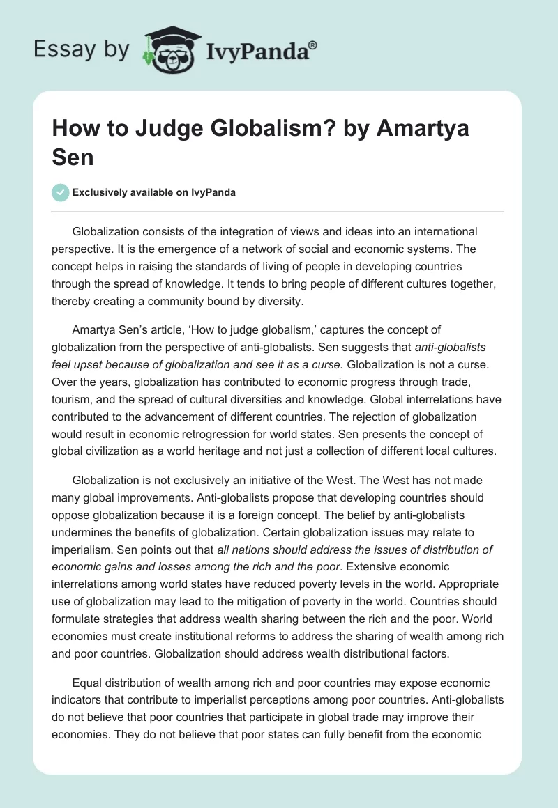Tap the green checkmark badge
[61, 192]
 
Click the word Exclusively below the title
[101, 192]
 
